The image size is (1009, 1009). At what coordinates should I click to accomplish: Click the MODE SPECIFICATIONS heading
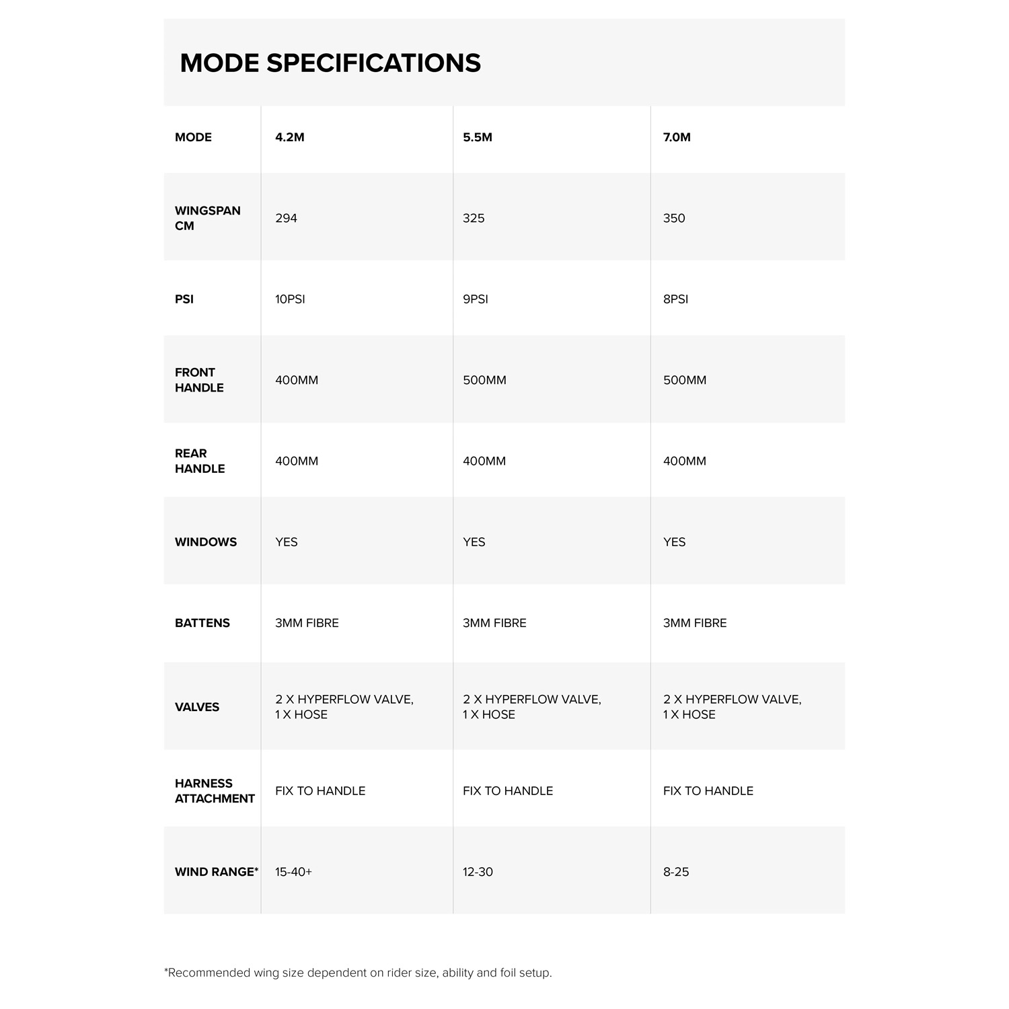tap(330, 63)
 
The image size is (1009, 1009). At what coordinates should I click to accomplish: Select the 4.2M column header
tap(290, 137)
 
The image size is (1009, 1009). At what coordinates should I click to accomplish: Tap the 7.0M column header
tap(677, 137)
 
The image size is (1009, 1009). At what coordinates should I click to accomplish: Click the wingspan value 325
tap(474, 218)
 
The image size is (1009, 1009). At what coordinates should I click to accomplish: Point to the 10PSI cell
tap(290, 299)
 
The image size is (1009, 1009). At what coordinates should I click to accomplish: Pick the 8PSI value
tap(675, 299)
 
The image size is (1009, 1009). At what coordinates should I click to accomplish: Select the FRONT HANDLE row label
tap(199, 380)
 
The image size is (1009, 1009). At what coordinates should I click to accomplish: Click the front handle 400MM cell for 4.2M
tap(297, 380)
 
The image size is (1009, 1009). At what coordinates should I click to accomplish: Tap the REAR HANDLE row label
tap(200, 461)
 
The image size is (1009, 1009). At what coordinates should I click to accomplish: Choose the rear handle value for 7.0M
tap(685, 461)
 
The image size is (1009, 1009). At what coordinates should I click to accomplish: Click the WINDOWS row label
tap(206, 542)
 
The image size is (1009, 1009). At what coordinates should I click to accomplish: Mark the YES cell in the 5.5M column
tap(474, 542)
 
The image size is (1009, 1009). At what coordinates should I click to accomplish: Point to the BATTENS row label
tap(202, 623)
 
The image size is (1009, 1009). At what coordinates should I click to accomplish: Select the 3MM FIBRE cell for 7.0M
tap(695, 623)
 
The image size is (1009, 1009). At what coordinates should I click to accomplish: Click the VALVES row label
tap(197, 707)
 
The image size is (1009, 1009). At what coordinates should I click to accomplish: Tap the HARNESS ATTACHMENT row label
tap(215, 791)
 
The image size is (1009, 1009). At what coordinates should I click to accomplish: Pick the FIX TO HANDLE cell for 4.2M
tap(320, 791)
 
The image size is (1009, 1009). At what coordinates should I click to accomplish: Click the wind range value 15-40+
tap(293, 872)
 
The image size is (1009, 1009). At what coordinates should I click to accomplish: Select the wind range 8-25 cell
tap(676, 872)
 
